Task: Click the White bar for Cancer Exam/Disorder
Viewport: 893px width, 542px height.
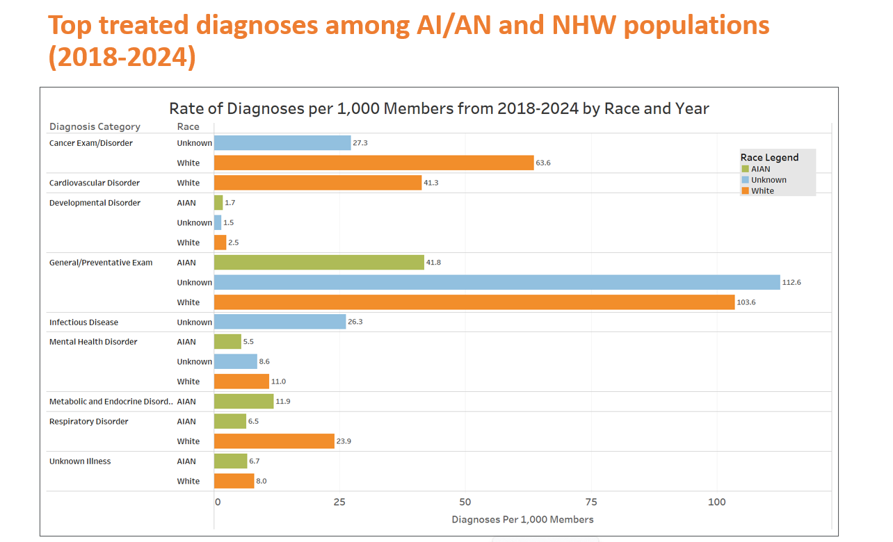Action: [x=373, y=163]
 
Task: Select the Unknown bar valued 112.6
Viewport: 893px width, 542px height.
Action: [x=497, y=282]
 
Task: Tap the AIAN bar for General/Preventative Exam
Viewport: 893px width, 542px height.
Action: [x=319, y=262]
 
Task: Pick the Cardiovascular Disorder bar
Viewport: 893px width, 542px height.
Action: [x=318, y=183]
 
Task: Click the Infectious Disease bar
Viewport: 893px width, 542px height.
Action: [x=280, y=322]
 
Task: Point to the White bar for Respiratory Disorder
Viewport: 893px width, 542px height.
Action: [x=274, y=441]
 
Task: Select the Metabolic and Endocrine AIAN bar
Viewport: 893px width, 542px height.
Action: [x=243, y=401]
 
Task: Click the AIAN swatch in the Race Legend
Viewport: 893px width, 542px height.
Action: [x=746, y=169]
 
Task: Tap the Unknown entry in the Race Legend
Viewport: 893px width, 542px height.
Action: [x=769, y=180]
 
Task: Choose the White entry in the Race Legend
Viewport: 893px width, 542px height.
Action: [x=762, y=191]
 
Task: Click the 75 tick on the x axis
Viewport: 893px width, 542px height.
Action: [x=591, y=502]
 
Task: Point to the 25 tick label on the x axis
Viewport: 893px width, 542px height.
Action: [x=339, y=502]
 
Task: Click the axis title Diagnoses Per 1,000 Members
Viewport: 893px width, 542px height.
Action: [x=522, y=520]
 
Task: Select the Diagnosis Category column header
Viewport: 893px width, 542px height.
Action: [x=95, y=126]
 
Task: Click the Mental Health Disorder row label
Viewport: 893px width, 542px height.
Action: [x=93, y=342]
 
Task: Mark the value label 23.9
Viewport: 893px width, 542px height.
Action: [x=344, y=441]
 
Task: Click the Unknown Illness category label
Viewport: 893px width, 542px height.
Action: [x=80, y=461]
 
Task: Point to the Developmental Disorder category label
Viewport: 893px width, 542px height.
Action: [x=95, y=203]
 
